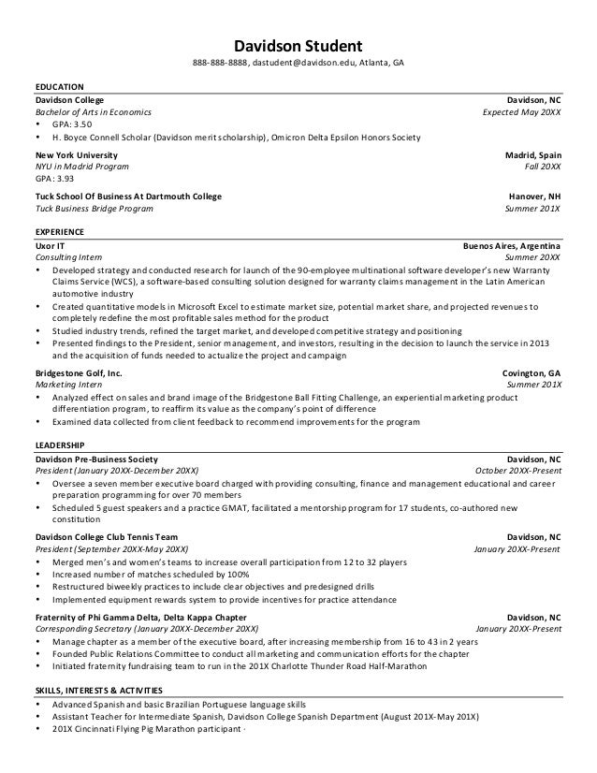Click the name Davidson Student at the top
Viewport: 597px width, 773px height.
pyautogui.click(x=298, y=44)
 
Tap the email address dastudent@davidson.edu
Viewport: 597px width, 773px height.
pyautogui.click(x=305, y=64)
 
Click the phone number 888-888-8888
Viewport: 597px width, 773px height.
pyautogui.click(x=222, y=64)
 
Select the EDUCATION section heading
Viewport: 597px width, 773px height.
pyautogui.click(x=59, y=86)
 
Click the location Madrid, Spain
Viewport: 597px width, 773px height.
pyautogui.click(x=533, y=153)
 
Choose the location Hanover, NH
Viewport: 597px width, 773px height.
pyautogui.click(x=535, y=197)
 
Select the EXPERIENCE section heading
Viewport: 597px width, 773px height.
pyautogui.click(x=59, y=230)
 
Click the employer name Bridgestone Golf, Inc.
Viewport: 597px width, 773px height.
pyautogui.click(x=79, y=372)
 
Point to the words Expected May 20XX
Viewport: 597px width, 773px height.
pyautogui.click(x=521, y=110)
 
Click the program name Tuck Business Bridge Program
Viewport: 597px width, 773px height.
pyautogui.click(x=94, y=209)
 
